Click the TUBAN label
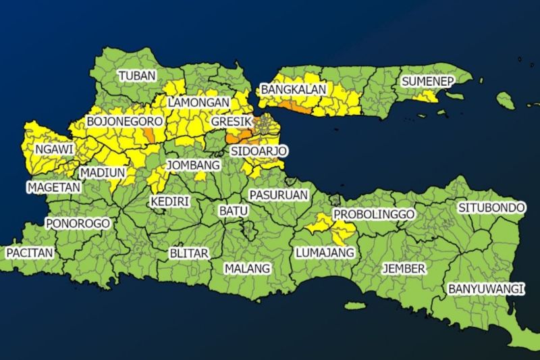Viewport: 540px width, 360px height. click(x=137, y=76)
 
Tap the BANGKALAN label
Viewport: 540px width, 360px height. click(x=294, y=89)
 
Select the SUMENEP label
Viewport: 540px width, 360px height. click(x=427, y=81)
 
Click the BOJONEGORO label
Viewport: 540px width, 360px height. click(x=125, y=121)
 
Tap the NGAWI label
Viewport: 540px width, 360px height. click(x=55, y=149)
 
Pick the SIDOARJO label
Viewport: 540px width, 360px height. click(x=259, y=150)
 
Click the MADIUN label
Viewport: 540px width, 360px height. click(x=103, y=172)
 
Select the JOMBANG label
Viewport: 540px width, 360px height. click(x=194, y=165)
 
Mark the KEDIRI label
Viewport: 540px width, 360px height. click(x=169, y=201)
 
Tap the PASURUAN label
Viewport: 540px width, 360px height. click(x=279, y=195)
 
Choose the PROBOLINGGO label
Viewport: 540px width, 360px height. click(x=374, y=214)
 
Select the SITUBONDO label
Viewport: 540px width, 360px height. click(x=491, y=207)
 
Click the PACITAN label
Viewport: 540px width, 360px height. click(x=30, y=252)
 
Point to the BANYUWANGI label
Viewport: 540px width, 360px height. click(x=486, y=289)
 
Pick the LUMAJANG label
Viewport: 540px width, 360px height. click(x=325, y=253)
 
